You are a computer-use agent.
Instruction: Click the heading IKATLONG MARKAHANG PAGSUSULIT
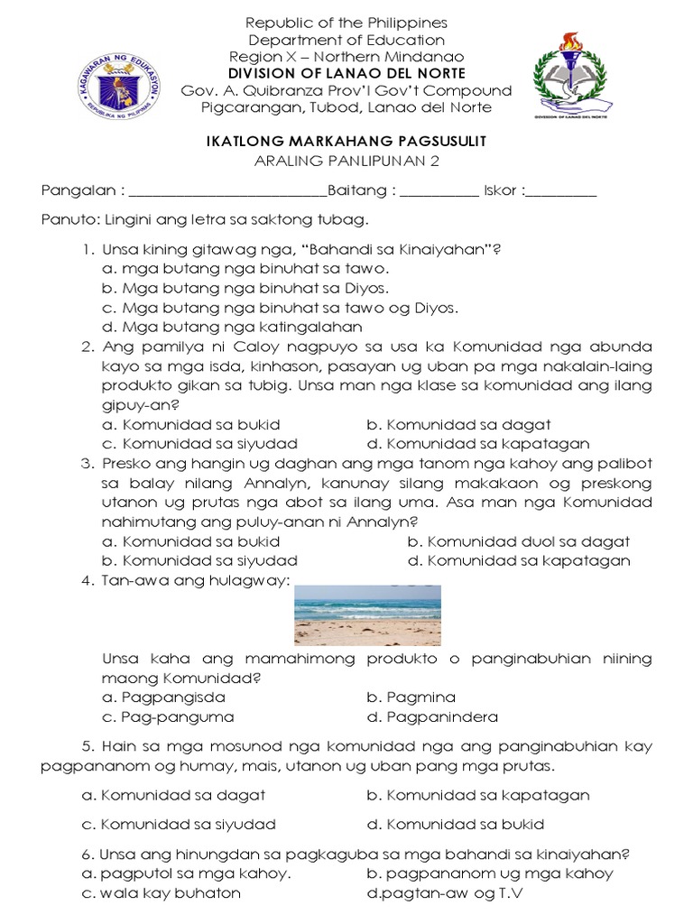(x=346, y=142)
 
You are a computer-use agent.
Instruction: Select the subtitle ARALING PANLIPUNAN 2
(x=346, y=161)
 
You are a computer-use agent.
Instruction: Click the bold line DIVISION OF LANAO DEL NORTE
(x=346, y=73)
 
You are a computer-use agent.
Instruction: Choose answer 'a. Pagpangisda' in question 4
(x=163, y=698)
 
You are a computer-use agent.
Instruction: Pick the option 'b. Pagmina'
(x=411, y=698)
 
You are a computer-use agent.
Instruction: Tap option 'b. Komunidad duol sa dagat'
(x=518, y=542)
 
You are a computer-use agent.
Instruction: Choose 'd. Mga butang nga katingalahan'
(x=232, y=327)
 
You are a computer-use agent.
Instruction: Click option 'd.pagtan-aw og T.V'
(x=445, y=893)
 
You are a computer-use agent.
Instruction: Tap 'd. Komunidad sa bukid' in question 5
(x=456, y=824)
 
